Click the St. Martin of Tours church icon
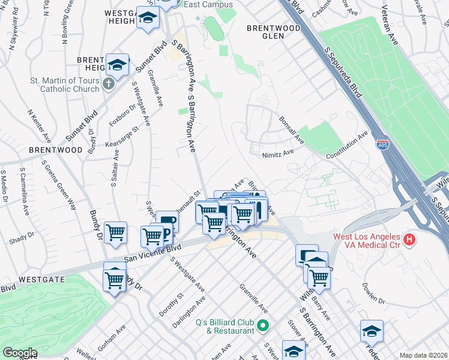108,83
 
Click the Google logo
19,353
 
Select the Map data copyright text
424,355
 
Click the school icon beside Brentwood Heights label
118,65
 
